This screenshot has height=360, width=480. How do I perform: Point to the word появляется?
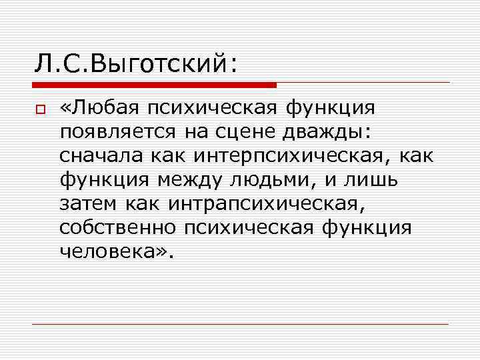point(118,133)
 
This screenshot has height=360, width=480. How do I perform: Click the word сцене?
point(235,133)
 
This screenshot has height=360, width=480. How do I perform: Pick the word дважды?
point(323,133)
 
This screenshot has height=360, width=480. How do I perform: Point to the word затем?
point(87,204)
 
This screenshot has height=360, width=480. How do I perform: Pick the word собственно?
point(117,228)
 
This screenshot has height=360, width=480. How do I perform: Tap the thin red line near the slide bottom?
point(240,324)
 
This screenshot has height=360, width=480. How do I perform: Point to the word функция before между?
point(105,180)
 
